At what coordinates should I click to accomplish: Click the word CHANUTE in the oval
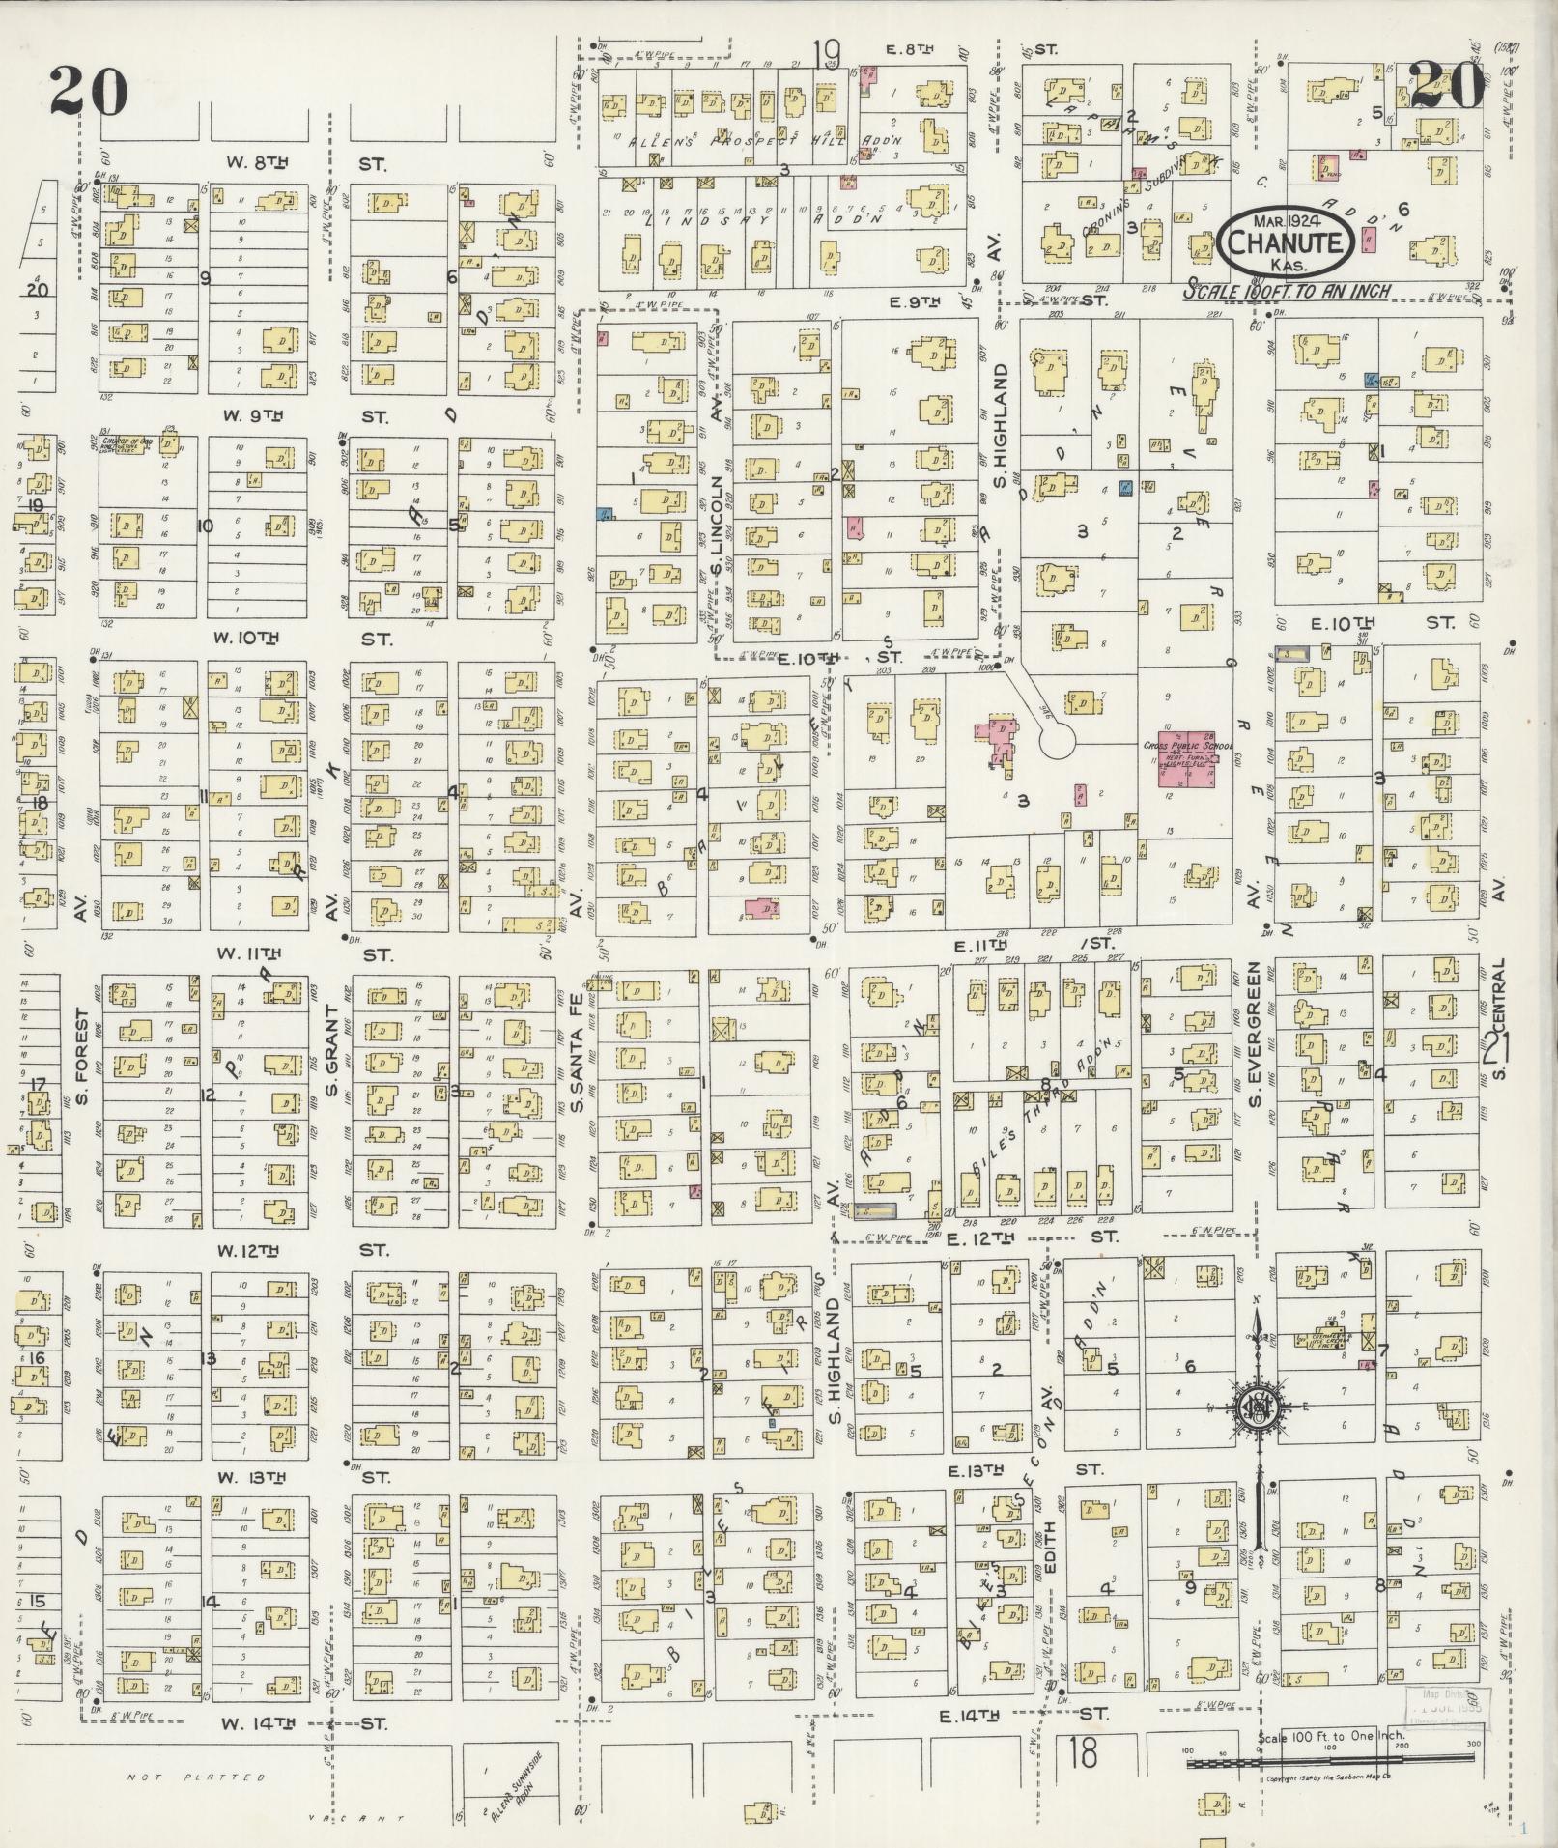pyautogui.click(x=1284, y=242)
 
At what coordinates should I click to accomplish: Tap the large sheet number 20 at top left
pyautogui.click(x=89, y=90)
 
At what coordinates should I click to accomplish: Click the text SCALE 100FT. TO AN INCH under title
pyautogui.click(x=1289, y=291)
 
